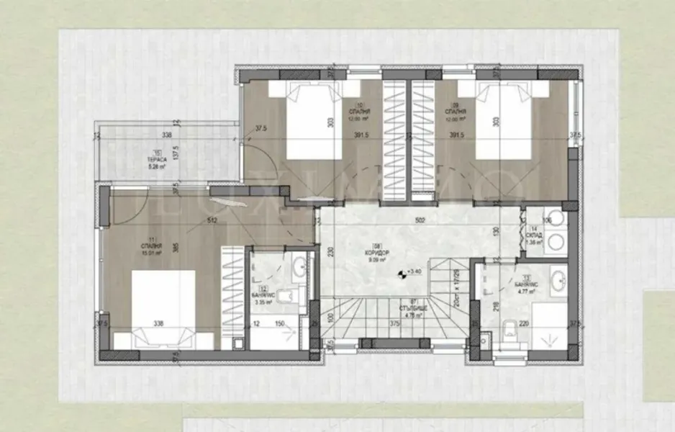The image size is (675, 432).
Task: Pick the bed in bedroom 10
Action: click(313, 120)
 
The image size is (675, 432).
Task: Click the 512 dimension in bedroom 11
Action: click(212, 221)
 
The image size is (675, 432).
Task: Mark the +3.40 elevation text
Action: click(414, 271)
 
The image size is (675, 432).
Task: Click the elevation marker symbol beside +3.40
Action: click(402, 273)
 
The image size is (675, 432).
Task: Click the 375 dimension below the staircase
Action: click(395, 324)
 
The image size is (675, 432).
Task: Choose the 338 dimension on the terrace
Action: click(167, 135)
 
